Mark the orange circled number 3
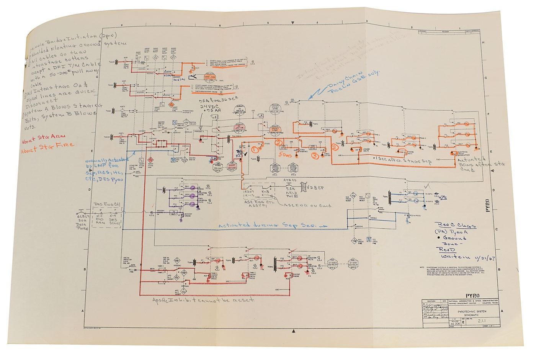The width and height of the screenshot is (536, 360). click(x=315, y=156)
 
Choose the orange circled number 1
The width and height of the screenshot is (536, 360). click(x=255, y=150)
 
